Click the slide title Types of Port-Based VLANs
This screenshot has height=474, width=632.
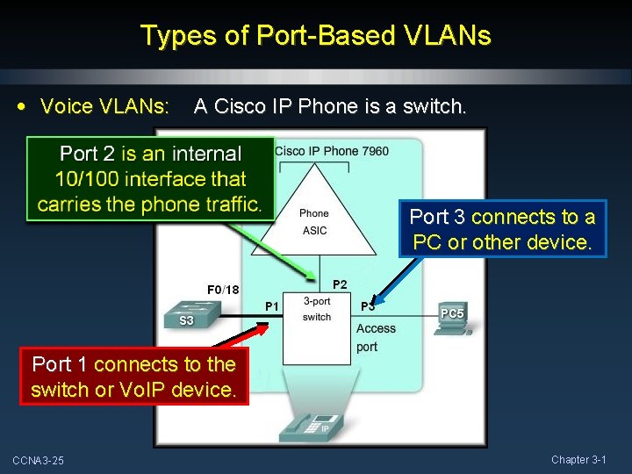click(316, 36)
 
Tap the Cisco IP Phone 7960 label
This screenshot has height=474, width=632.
click(332, 151)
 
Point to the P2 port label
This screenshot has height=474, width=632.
click(340, 284)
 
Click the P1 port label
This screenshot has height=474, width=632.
click(272, 305)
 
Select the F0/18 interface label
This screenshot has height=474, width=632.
click(223, 290)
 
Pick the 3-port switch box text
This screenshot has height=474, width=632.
click(317, 309)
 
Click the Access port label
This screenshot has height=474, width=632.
click(376, 337)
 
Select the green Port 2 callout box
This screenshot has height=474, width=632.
click(150, 179)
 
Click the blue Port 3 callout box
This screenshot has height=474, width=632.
click(502, 229)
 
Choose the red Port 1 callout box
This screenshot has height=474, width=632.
click(133, 377)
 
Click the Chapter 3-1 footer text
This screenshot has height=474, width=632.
click(578, 460)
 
